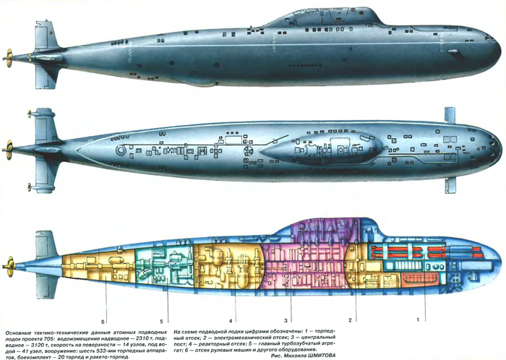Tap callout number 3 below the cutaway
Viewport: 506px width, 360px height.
point(286,319)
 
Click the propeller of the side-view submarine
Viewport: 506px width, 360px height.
point(9,54)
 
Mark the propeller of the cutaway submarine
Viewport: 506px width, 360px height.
point(9,262)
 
